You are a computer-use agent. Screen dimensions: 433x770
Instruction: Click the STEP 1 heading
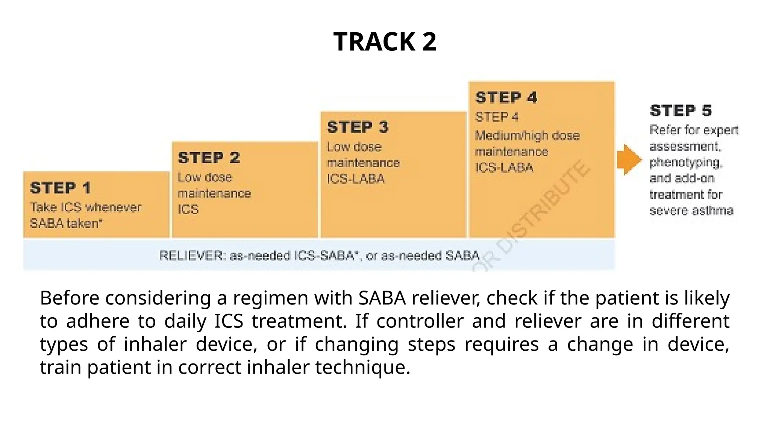point(61,188)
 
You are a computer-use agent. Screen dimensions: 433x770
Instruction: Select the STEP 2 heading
point(209,158)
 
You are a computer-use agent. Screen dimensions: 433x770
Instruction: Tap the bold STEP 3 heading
point(358,127)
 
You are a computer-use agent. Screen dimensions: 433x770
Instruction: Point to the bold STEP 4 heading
point(506,97)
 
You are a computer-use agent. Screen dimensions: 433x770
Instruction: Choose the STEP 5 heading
point(681,111)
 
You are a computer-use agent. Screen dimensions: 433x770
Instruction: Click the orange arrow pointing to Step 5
point(629,159)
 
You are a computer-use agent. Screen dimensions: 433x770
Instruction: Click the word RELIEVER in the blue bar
point(191,256)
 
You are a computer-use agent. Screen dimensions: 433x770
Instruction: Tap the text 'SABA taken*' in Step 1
point(66,224)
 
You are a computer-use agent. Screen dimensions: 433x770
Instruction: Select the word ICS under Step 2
point(188,209)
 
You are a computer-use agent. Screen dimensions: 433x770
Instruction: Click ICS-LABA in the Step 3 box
point(356,179)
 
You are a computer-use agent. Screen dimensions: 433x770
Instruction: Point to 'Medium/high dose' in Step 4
point(527,136)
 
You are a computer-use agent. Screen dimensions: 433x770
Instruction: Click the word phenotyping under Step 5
point(685,162)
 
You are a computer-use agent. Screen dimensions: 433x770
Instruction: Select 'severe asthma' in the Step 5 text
point(691,210)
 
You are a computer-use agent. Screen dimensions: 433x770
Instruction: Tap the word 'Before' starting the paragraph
point(70,298)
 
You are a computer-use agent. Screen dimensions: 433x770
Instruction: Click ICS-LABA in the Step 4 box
point(504,168)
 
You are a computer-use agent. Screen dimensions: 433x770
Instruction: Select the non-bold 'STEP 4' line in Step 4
point(497,117)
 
